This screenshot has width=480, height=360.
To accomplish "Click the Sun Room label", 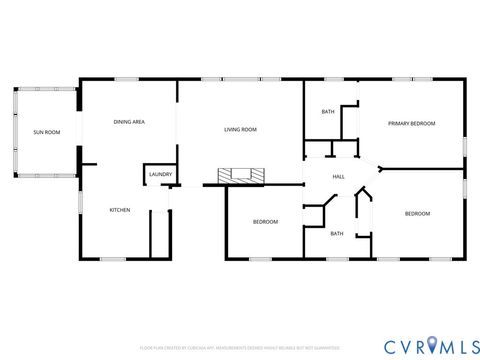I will [x=46, y=132].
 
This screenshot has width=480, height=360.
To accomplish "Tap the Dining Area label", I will [x=129, y=122].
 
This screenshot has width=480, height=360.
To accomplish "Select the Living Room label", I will [x=240, y=129].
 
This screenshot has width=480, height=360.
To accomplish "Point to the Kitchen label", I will [x=120, y=210].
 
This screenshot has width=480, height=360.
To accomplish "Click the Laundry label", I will [x=160, y=175].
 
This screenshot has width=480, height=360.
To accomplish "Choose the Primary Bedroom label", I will [x=412, y=123].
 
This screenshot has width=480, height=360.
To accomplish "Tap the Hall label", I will [x=339, y=177].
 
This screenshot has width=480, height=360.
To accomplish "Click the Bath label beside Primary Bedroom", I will [x=328, y=112].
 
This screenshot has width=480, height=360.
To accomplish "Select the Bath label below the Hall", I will [x=337, y=233].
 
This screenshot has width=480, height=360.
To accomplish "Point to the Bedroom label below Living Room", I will [x=265, y=221].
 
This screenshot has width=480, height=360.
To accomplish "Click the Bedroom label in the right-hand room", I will [x=417, y=214].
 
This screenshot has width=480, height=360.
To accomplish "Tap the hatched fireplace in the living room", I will [x=243, y=176].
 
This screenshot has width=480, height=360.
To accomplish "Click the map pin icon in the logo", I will [x=431, y=346].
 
